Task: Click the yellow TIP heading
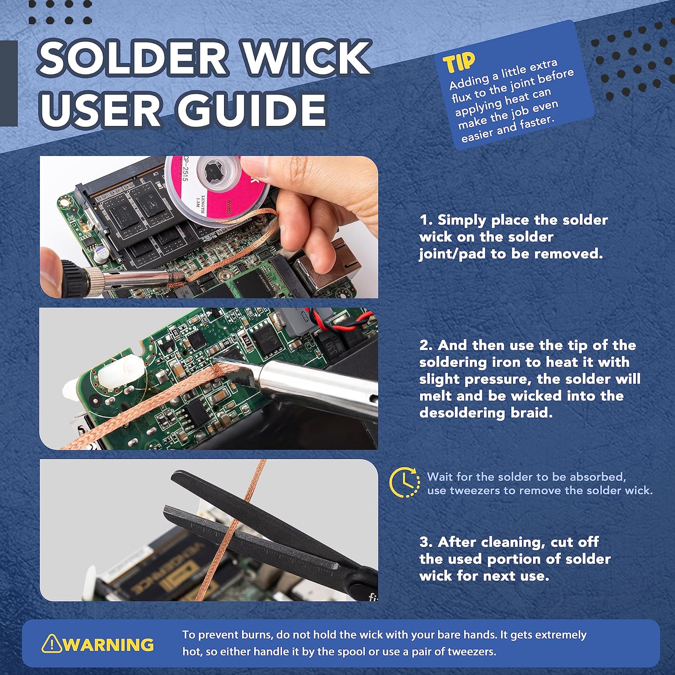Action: coord(459,63)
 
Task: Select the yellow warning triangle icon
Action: coord(51,643)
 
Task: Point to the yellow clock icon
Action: coord(404,483)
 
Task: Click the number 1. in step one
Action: coord(426,220)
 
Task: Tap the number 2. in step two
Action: coord(426,345)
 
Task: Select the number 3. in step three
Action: coord(426,542)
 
